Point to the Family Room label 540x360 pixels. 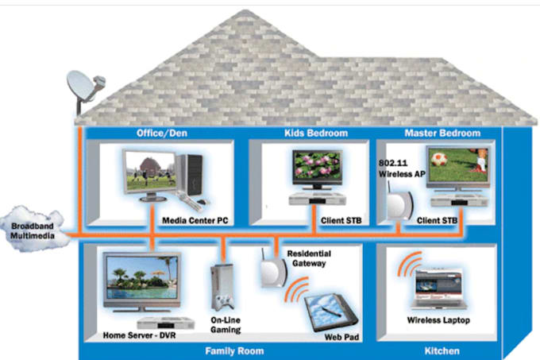click(234, 350)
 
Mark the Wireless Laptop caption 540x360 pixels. click(438, 320)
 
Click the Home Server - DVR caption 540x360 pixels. click(139, 335)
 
